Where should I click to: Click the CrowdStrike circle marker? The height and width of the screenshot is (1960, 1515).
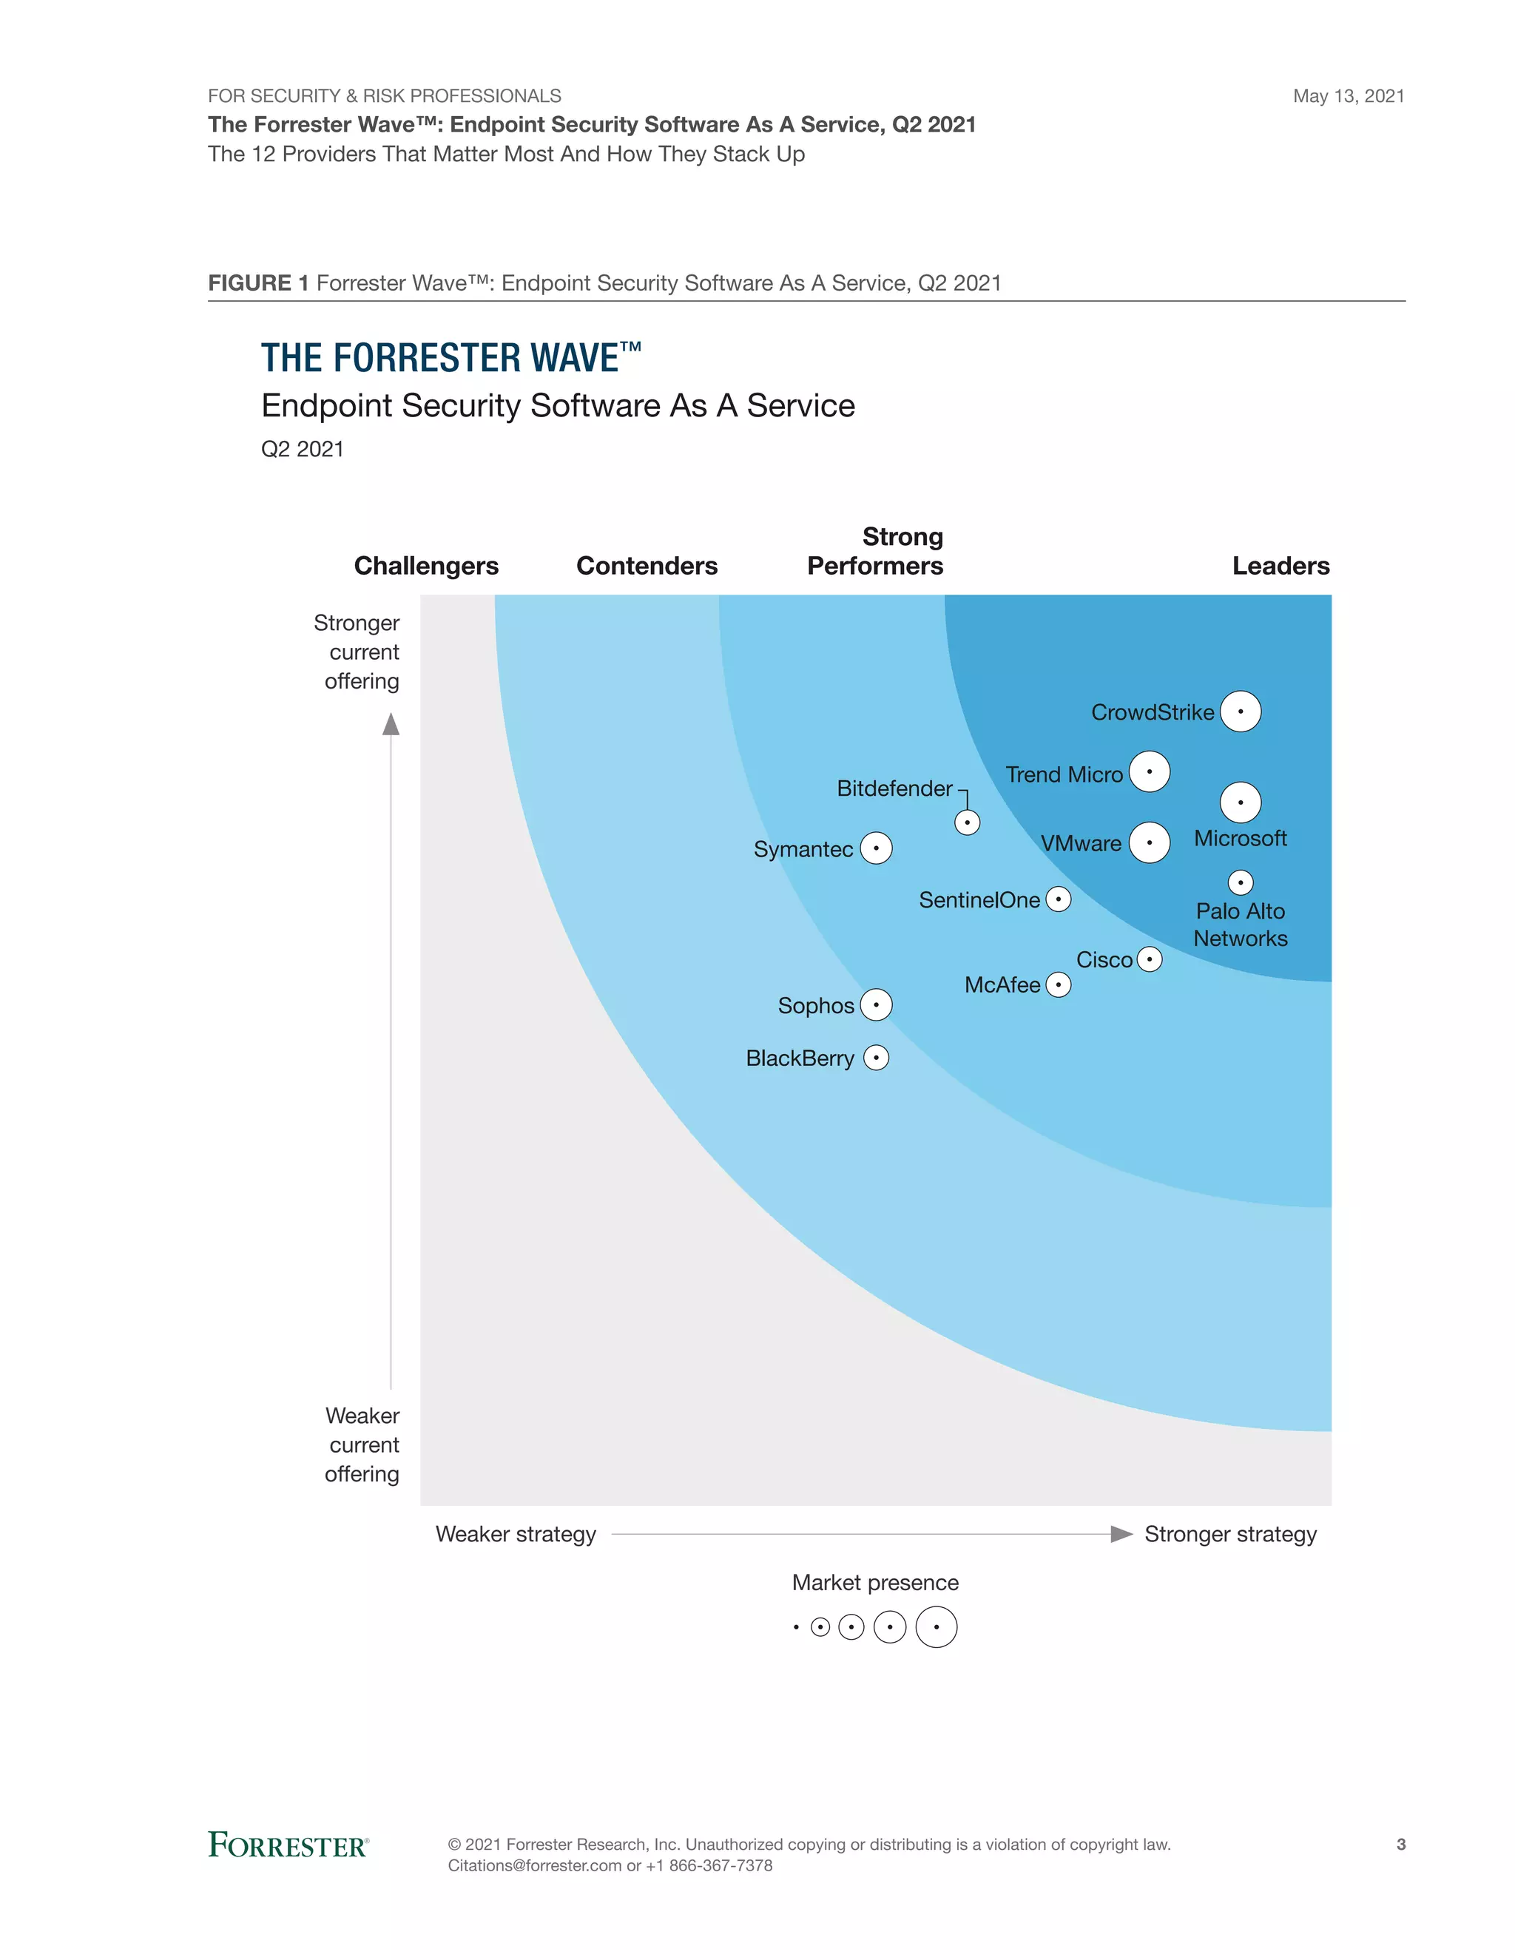[x=1241, y=712]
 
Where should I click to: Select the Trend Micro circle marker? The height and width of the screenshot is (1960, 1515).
[x=1149, y=771]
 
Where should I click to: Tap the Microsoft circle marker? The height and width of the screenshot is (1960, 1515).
[x=1241, y=802]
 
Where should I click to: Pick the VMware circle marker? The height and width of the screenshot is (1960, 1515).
[x=1149, y=842]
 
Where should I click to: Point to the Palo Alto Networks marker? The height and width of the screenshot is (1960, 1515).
[x=1241, y=883]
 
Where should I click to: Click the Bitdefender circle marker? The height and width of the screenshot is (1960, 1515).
[x=967, y=822]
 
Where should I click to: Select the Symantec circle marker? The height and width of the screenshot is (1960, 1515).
[x=876, y=848]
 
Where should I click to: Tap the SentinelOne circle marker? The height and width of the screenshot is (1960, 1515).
[x=1058, y=899]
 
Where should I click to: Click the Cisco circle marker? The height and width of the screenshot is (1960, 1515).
[x=1149, y=959]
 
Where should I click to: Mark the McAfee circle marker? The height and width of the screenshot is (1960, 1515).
[x=1058, y=985]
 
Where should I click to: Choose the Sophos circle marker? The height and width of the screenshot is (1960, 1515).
[x=876, y=1005]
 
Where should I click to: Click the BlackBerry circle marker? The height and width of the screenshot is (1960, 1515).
[x=876, y=1058]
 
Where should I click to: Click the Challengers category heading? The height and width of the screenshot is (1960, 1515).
[x=426, y=567]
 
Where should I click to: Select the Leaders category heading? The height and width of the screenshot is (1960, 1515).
[x=1281, y=567]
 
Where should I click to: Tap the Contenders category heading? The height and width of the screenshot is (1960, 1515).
[x=647, y=567]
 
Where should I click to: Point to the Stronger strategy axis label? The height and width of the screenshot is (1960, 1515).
[x=1229, y=1535]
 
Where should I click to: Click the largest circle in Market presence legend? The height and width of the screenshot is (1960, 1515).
[x=936, y=1627]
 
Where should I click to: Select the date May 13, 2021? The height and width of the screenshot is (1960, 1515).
[x=1348, y=96]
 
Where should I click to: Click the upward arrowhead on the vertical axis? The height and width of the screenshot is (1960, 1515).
[x=391, y=724]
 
